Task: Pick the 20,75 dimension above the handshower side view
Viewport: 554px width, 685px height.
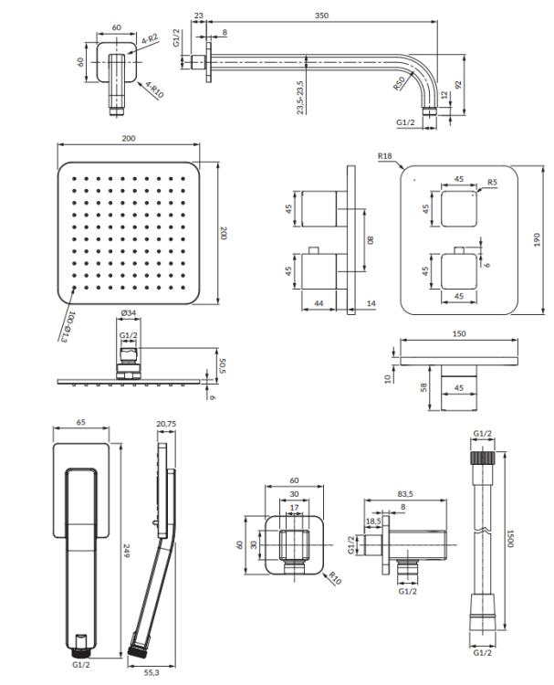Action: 165,425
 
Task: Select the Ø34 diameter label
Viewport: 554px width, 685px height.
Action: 128,315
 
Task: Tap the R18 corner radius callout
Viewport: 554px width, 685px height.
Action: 383,157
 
